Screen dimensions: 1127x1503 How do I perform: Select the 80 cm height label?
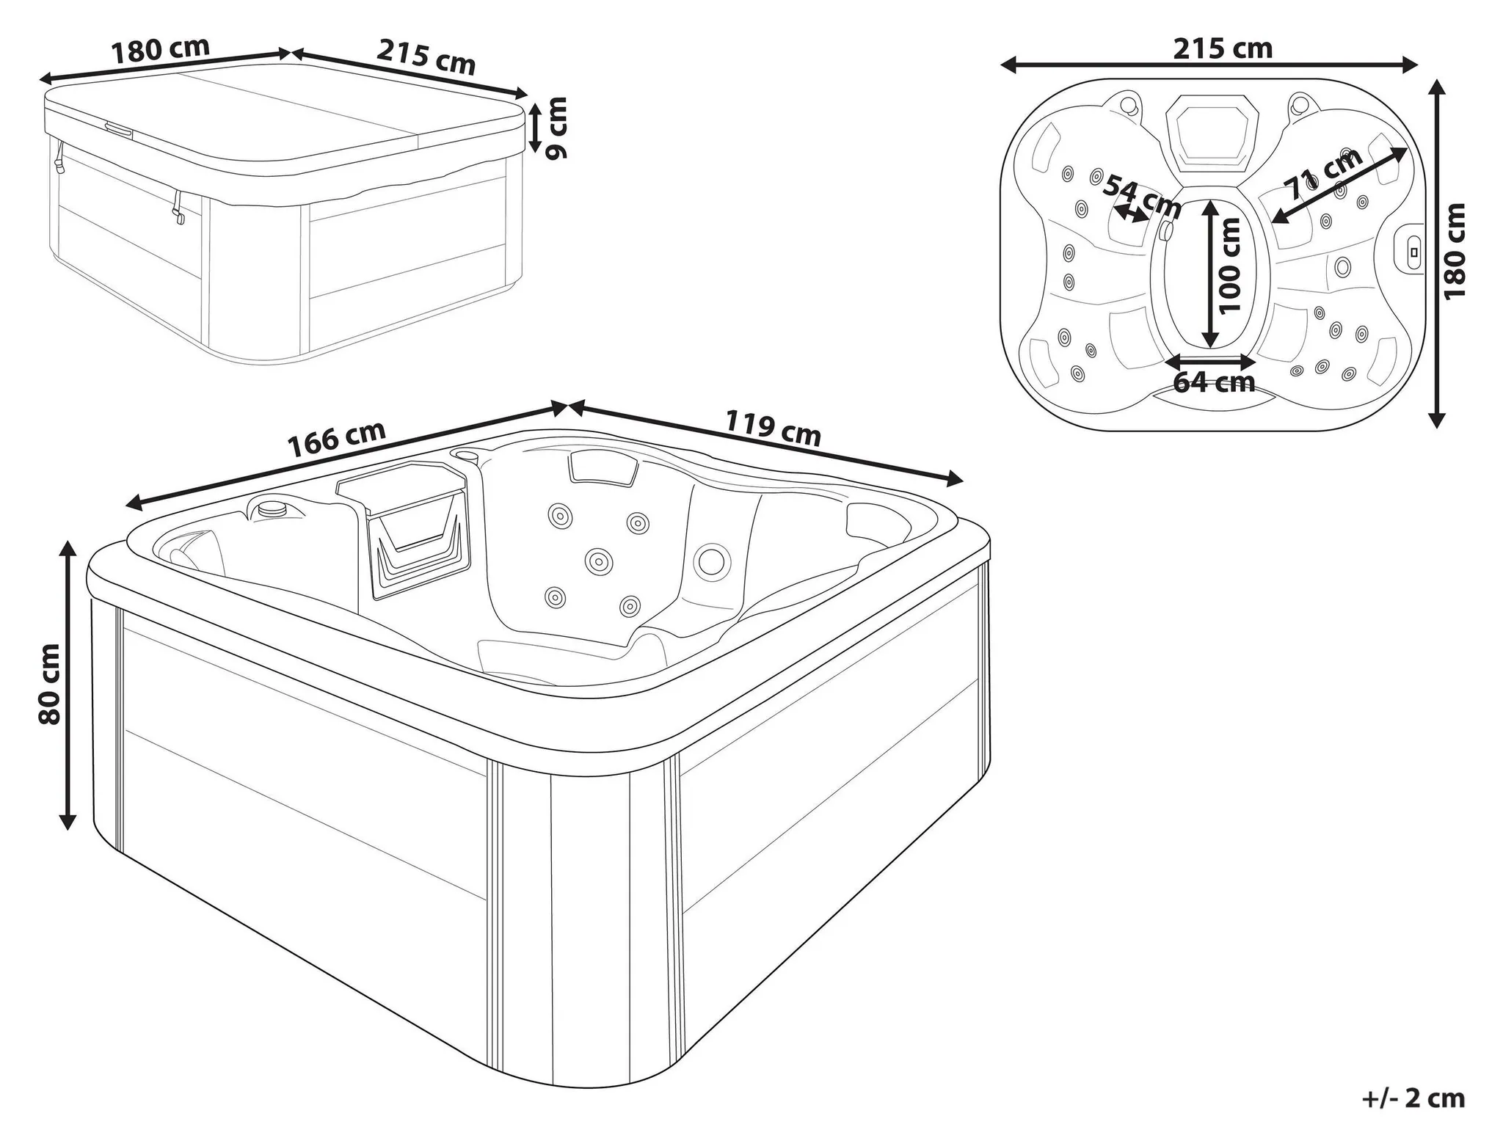(50, 685)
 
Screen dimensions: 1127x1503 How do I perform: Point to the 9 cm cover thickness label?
(558, 128)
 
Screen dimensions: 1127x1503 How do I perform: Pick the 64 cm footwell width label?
(1214, 382)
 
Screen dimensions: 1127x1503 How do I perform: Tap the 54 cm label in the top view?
(1142, 195)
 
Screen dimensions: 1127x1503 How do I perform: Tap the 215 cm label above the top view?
(1222, 48)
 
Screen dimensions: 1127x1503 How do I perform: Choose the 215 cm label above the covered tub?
(426, 56)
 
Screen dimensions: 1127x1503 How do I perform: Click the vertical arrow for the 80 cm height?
(68, 685)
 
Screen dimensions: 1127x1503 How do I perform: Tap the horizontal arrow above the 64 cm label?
(1212, 361)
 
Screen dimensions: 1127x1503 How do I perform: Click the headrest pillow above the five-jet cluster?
(603, 467)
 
